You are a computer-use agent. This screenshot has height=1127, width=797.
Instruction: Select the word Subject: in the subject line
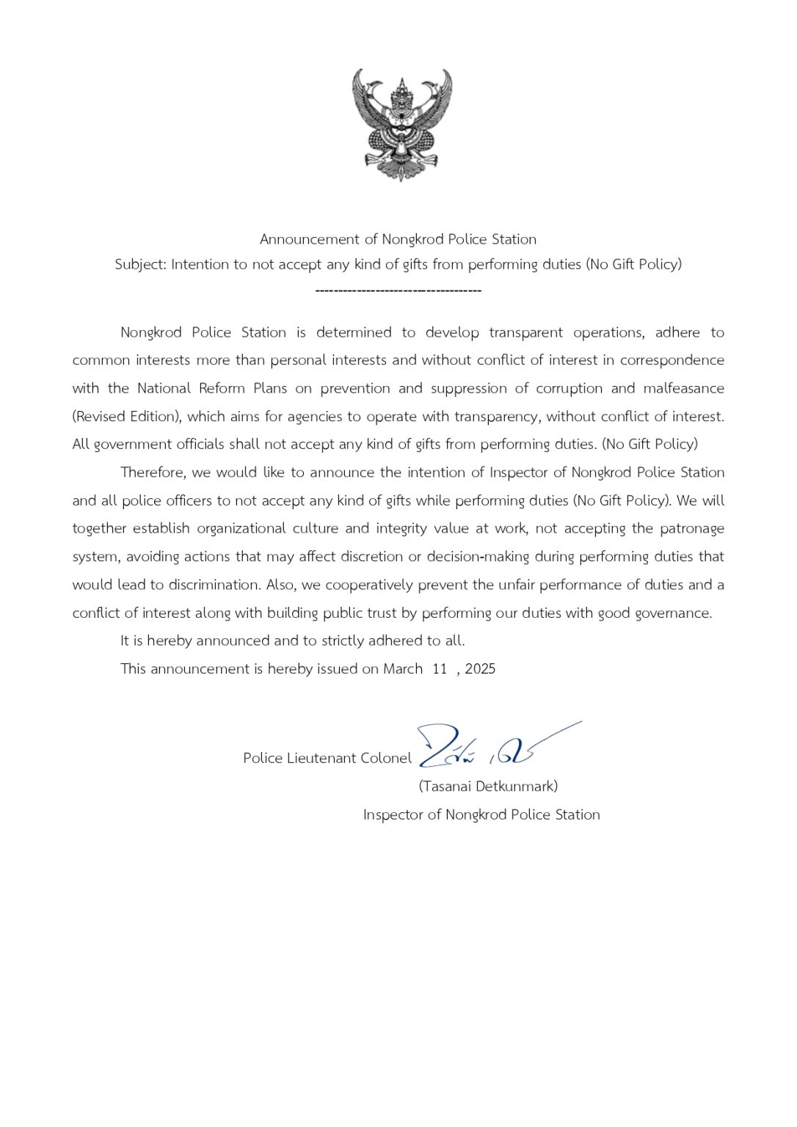point(141,264)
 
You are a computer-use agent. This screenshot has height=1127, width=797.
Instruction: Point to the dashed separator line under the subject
point(398,291)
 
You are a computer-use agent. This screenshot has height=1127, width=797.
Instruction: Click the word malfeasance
point(683,388)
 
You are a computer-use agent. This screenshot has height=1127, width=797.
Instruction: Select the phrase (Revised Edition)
point(126,417)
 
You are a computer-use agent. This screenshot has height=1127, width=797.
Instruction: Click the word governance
point(675,613)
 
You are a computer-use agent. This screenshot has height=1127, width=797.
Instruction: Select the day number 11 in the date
point(440,669)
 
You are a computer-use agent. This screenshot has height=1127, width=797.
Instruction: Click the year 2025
point(480,669)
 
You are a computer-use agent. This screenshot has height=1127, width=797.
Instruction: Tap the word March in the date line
point(403,669)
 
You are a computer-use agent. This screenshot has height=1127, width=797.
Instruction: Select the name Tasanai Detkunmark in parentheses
point(488,787)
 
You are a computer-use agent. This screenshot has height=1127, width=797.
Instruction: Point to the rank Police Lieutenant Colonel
point(327,759)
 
